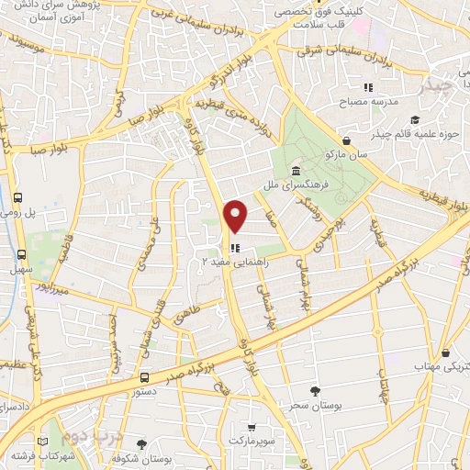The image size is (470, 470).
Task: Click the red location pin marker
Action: click(236, 216)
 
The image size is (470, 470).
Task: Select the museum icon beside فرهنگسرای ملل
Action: click(296, 172)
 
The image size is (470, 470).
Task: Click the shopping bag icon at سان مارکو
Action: click(346, 140)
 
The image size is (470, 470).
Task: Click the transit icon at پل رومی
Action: click(20, 196)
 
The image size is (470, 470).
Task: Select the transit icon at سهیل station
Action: click(20, 254)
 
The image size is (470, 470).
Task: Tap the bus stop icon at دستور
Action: click(144, 377)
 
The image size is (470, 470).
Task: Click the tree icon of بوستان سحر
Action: click(316, 391)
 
